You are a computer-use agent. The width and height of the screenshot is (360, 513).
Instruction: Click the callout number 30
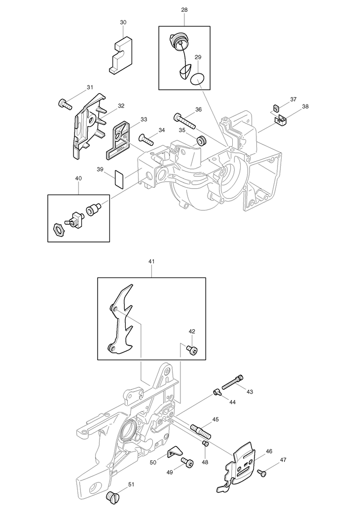[123, 22]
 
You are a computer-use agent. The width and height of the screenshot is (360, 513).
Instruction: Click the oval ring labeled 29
[197, 78]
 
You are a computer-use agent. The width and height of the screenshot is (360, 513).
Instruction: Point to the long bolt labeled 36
[184, 121]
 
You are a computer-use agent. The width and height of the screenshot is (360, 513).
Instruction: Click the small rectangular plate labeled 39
[119, 179]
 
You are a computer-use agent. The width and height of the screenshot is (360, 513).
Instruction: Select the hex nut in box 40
[59, 229]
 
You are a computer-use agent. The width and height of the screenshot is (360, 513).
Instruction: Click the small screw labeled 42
[192, 350]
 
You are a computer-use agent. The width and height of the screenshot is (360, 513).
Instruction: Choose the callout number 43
[250, 392]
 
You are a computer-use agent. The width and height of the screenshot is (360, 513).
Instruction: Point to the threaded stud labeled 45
[200, 430]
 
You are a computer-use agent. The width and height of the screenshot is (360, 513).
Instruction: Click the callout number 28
[184, 10]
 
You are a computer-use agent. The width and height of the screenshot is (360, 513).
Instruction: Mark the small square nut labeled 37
[276, 107]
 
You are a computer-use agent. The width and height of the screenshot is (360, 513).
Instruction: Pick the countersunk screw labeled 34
[147, 139]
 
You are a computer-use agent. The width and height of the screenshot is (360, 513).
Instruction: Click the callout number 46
[269, 451]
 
